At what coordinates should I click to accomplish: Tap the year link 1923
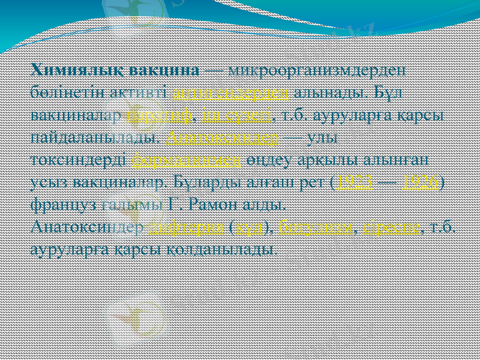(355, 182)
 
